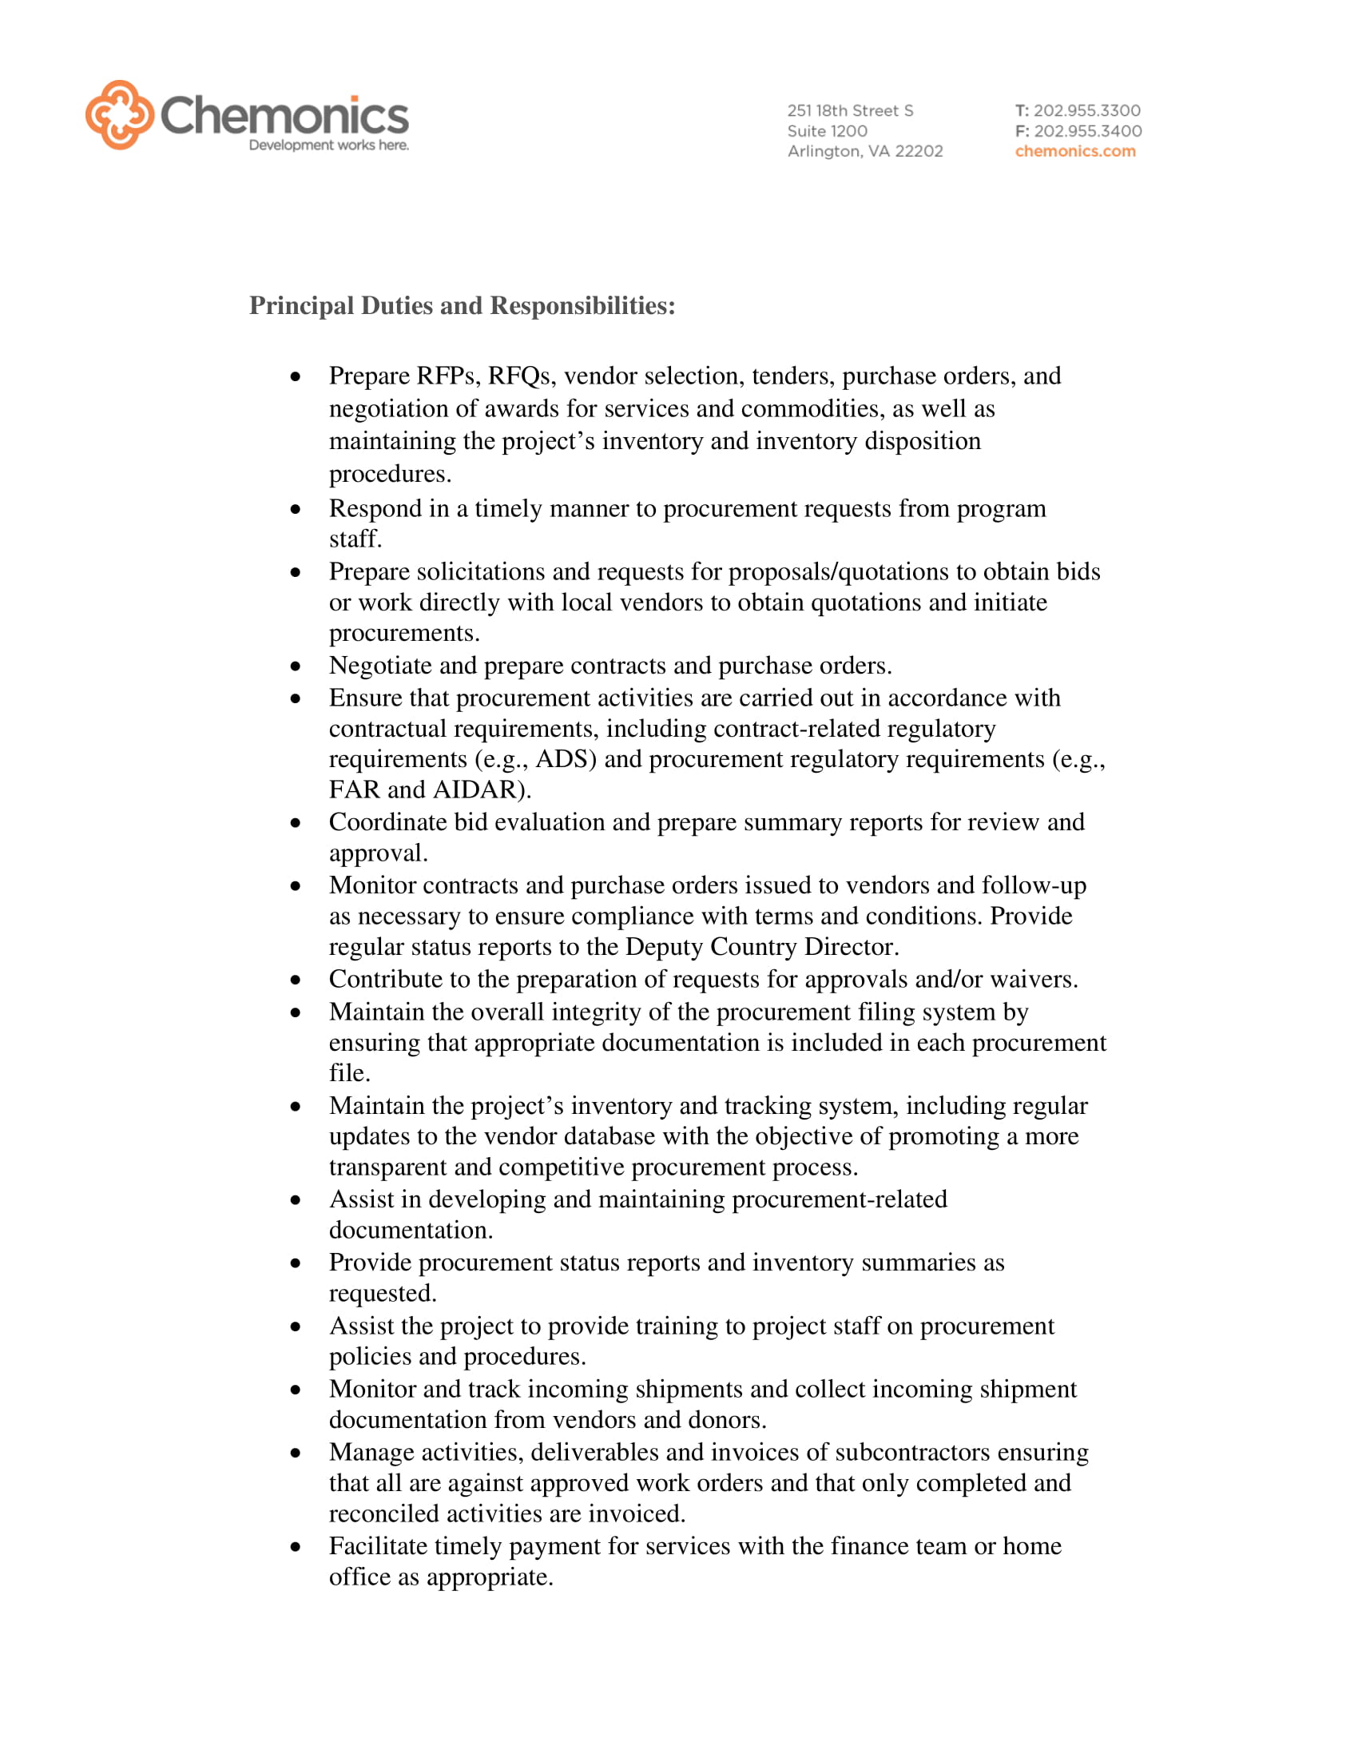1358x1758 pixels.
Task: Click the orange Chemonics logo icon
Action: click(x=119, y=114)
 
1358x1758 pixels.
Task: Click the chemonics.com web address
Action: click(x=1074, y=151)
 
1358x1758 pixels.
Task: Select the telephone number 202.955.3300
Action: click(x=1086, y=110)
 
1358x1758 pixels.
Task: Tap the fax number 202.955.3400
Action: click(x=1087, y=130)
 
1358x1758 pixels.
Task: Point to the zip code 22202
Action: click(x=919, y=151)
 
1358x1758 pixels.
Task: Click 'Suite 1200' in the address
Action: click(x=827, y=130)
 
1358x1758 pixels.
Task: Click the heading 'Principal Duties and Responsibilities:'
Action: click(x=462, y=306)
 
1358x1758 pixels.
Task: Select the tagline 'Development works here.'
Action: click(x=328, y=145)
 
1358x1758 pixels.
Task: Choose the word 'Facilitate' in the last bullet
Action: click(x=377, y=1545)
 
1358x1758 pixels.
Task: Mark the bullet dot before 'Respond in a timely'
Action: click(x=296, y=510)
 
